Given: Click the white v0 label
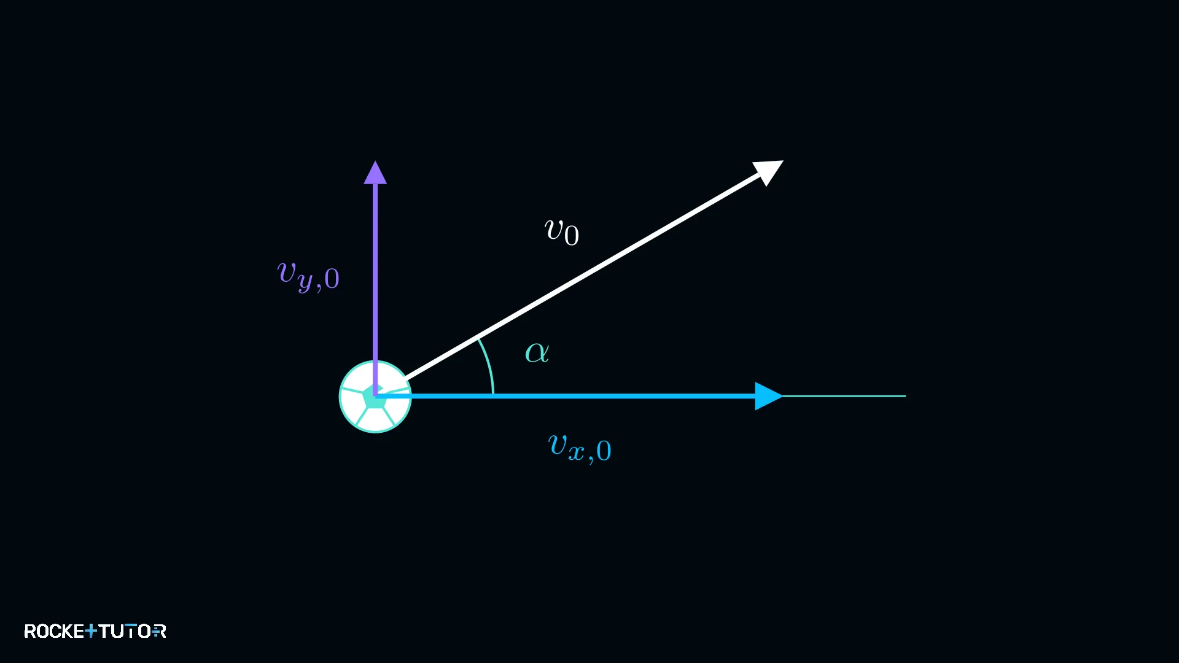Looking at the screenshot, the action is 562,232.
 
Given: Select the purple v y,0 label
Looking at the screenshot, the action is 308,276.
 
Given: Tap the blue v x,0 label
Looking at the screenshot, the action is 580,448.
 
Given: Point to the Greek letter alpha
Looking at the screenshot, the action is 537,352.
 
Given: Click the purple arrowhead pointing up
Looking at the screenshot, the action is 375,173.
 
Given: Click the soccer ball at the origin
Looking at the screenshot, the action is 375,397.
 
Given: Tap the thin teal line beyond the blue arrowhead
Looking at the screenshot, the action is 844,396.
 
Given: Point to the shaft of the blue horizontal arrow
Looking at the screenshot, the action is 565,396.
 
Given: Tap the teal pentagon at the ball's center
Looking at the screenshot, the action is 374,398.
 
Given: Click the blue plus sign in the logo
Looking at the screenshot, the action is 91,631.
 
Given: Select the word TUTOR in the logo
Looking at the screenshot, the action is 132,631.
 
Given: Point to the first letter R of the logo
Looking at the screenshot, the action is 29,631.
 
